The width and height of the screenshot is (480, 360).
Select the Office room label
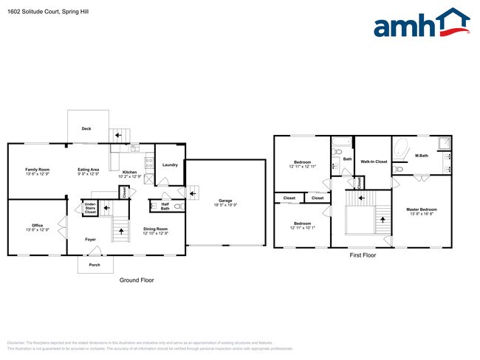coord(37,225)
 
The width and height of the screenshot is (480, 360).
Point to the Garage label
coord(225,200)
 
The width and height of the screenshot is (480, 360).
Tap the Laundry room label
coord(169,165)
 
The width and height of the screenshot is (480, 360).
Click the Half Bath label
coord(165,206)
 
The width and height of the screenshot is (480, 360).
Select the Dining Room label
coord(155,229)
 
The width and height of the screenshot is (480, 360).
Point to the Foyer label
coord(90,239)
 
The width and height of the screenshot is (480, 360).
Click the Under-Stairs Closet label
coord(90,207)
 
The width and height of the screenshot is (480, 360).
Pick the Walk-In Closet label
coord(374,161)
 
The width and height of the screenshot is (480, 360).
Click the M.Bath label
coord(422,155)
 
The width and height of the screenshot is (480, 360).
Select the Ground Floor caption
coord(137,280)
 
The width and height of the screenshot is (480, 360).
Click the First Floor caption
coord(363,255)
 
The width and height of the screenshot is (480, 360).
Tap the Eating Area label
coord(89,170)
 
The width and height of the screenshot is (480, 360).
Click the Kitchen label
coord(129,173)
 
